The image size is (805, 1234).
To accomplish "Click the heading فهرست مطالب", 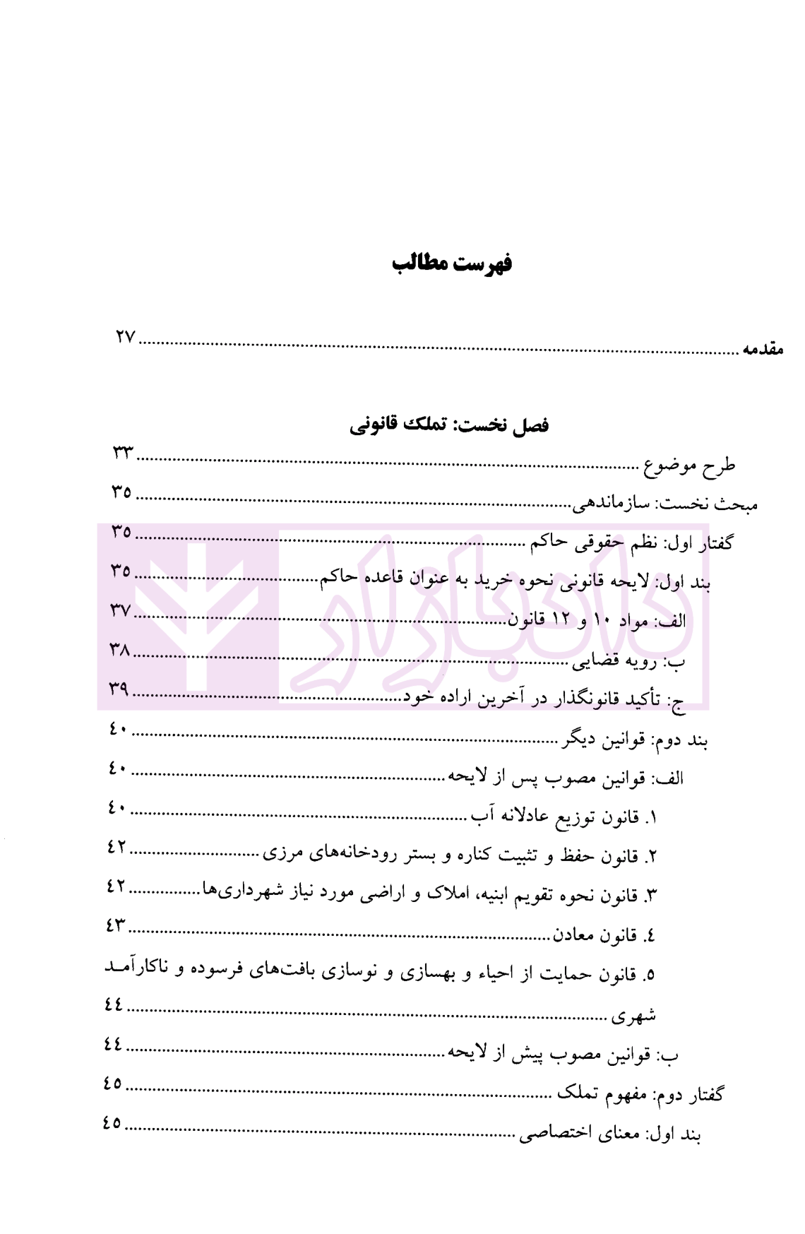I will coord(452,263).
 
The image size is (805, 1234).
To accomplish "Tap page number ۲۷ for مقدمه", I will coord(125,338).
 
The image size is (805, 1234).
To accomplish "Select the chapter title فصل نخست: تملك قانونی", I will coord(449,425).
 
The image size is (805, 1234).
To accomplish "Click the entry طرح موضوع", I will coord(689,465).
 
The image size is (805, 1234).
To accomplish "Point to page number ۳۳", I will coord(122,453).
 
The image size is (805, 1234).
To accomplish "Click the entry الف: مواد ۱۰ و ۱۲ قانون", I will coord(597,622).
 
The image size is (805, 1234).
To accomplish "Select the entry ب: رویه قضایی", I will coord(628,661).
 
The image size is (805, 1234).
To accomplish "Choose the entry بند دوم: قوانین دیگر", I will coord(634,740).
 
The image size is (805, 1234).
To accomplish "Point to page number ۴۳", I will coord(115,925).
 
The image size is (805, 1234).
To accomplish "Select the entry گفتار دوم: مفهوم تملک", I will coord(640,1095).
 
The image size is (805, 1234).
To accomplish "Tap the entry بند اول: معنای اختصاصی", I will coord(610,1134).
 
